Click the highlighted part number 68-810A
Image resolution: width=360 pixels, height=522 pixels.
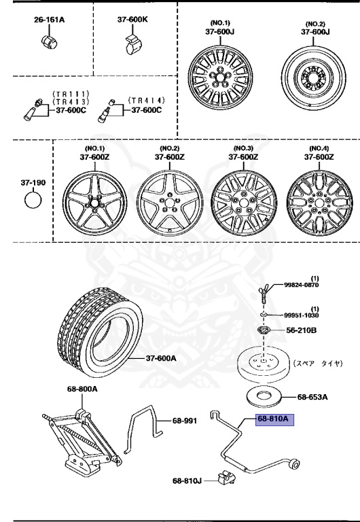click(273, 419)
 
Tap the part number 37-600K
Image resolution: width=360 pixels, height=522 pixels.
click(132, 20)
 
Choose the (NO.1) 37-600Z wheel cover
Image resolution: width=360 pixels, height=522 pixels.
click(94, 202)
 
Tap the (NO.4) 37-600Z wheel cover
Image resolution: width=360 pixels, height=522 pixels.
click(319, 202)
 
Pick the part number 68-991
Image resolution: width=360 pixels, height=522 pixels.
click(184, 421)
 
